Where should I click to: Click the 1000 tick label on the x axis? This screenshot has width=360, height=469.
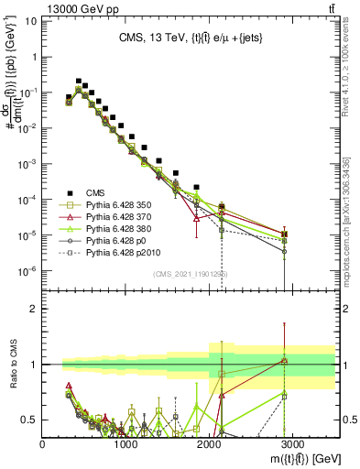126,442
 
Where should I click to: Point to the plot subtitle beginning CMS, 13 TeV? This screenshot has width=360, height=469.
191,38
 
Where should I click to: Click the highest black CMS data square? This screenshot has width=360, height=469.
79,82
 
